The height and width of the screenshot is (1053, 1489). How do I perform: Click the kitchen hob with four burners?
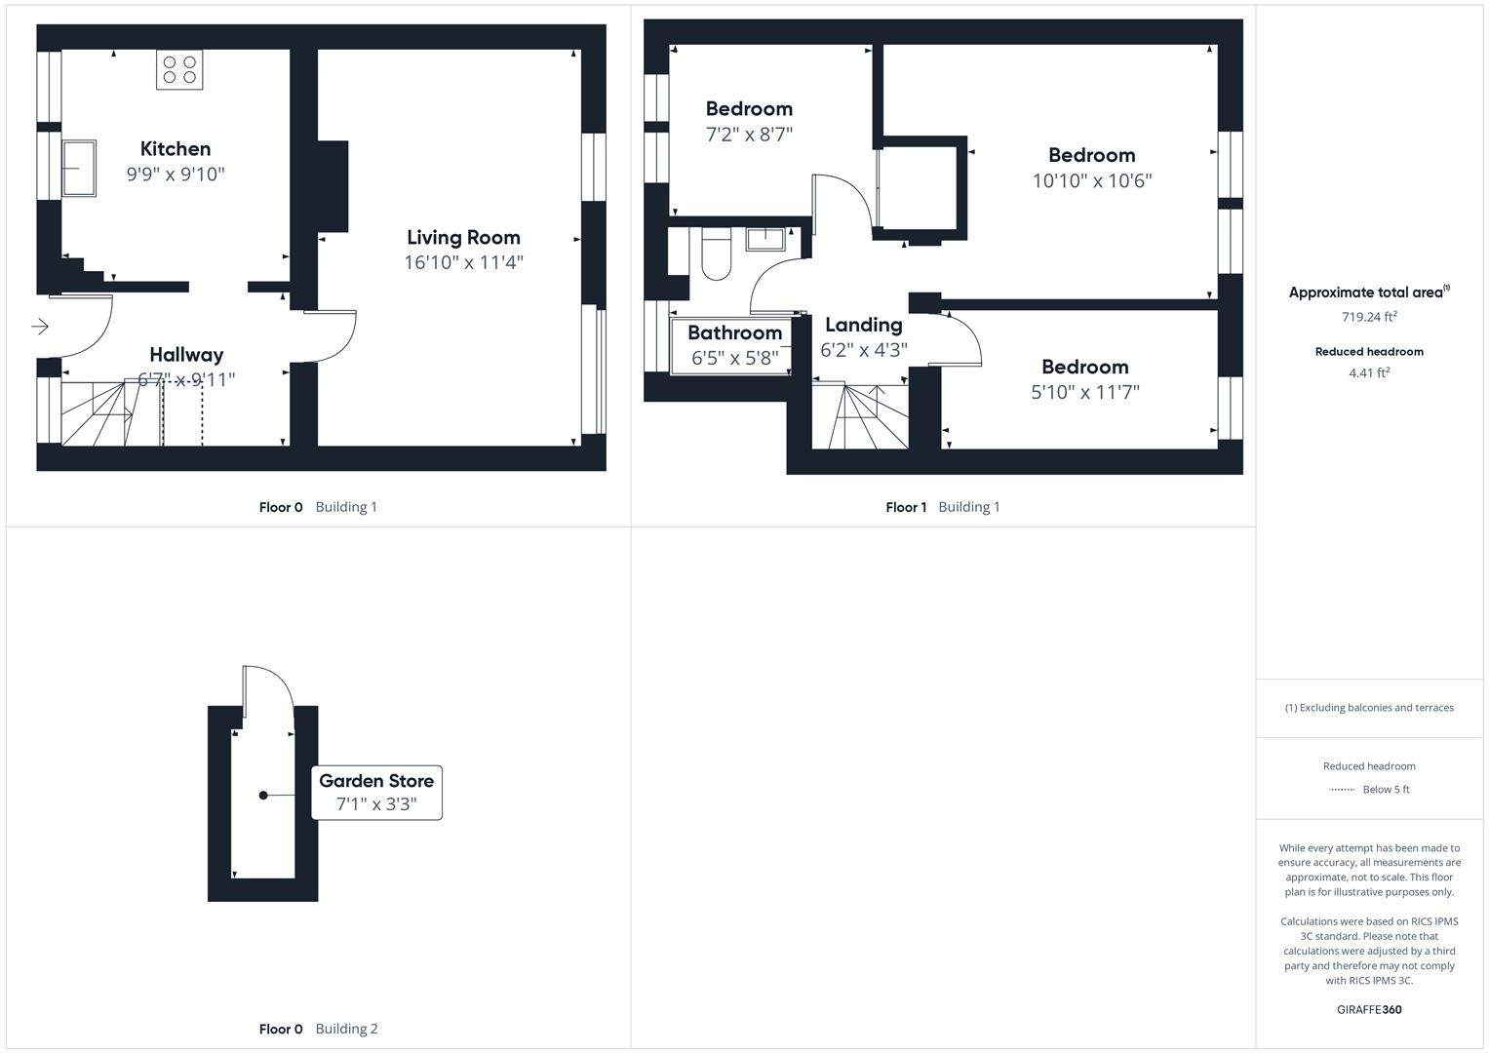pyautogui.click(x=179, y=70)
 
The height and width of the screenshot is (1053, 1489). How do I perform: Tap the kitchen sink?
pyautogui.click(x=79, y=168)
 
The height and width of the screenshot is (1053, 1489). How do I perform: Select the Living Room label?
pyautogui.click(x=463, y=237)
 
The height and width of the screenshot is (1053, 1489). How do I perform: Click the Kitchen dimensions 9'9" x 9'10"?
pyautogui.click(x=176, y=175)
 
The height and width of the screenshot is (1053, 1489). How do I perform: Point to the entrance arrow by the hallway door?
pyautogui.click(x=40, y=327)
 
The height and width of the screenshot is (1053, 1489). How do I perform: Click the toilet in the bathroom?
pyautogui.click(x=717, y=253)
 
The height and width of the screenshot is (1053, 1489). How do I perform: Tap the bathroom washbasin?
pyautogui.click(x=765, y=239)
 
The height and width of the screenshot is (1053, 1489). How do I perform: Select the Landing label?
pyautogui.click(x=864, y=325)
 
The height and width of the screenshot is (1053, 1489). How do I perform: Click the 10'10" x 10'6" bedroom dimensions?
pyautogui.click(x=1091, y=180)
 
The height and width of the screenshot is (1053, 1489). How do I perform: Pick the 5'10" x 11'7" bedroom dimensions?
pyautogui.click(x=1085, y=392)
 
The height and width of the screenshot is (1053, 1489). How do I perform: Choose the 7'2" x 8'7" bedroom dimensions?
pyautogui.click(x=749, y=135)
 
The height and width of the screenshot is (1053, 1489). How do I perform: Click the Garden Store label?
pyautogui.click(x=376, y=780)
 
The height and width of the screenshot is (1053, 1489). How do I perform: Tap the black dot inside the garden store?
pyautogui.click(x=263, y=795)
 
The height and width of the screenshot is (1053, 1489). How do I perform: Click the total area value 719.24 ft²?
pyautogui.click(x=1369, y=317)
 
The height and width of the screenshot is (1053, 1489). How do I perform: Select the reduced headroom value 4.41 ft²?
pyautogui.click(x=1369, y=372)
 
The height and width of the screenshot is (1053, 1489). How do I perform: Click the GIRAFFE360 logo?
pyautogui.click(x=1369, y=1010)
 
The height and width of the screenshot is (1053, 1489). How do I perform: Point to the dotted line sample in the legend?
pyautogui.click(x=1342, y=790)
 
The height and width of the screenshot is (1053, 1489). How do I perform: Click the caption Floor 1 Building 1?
pyautogui.click(x=943, y=507)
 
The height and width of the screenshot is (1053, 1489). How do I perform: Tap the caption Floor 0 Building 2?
pyautogui.click(x=319, y=1029)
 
